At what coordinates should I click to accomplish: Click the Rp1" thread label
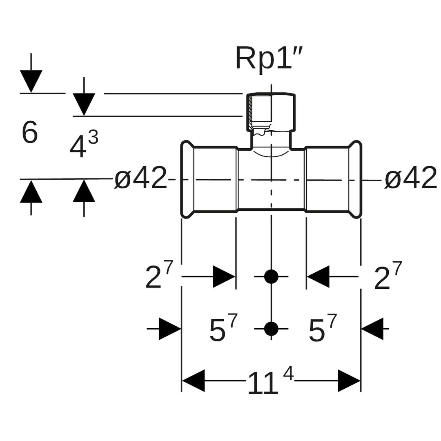pyautogui.click(x=270, y=58)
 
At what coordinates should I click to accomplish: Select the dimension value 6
pyautogui.click(x=29, y=133)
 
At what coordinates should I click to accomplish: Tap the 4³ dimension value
pyautogui.click(x=83, y=145)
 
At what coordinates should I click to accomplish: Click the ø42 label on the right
pyautogui.click(x=410, y=178)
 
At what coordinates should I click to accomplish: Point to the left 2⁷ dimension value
pyautogui.click(x=159, y=276)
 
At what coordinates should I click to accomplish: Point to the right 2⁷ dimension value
pyautogui.click(x=388, y=276)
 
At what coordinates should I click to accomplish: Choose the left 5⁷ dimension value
pyautogui.click(x=223, y=329)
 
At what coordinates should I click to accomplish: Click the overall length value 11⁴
pyautogui.click(x=270, y=382)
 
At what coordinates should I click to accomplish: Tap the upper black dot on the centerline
pyautogui.click(x=271, y=276)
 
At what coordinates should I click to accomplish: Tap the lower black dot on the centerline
pyautogui.click(x=271, y=328)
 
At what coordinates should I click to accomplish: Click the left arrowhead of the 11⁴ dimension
pyautogui.click(x=193, y=381)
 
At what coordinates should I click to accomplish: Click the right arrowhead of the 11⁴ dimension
pyautogui.click(x=349, y=381)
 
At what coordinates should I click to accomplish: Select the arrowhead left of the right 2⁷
pyautogui.click(x=318, y=276)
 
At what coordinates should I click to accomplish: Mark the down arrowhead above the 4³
pyautogui.click(x=84, y=104)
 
